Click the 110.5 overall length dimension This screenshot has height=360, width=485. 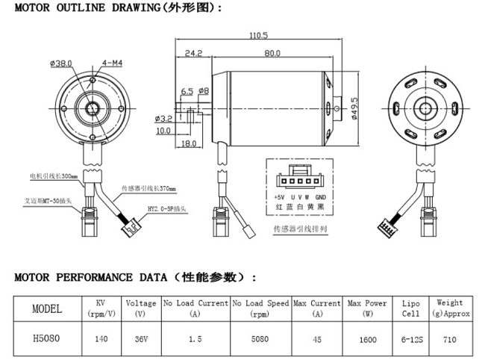coord(257,35)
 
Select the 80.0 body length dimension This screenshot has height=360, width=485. coord(271,53)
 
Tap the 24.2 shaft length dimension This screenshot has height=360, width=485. coord(193,53)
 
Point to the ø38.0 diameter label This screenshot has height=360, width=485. coord(61,64)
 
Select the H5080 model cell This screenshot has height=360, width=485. coord(47,337)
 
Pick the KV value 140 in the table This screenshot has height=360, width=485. coord(101,338)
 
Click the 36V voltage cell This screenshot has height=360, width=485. coord(140,338)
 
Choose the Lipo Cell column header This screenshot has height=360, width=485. coord(410,308)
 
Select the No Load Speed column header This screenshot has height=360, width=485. coord(260,308)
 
